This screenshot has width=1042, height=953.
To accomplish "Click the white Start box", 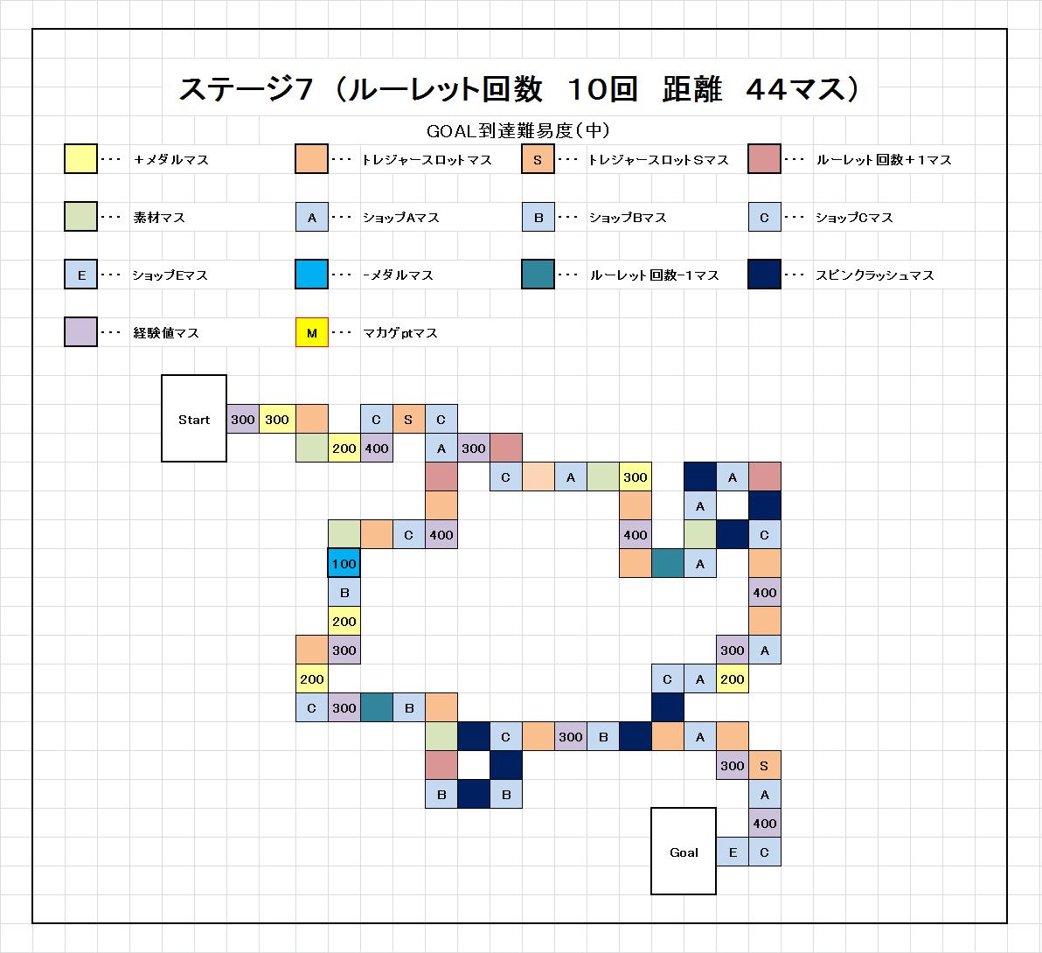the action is click(x=194, y=418).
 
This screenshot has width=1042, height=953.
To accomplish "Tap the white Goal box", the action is click(x=683, y=852).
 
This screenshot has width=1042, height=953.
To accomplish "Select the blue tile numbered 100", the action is click(x=344, y=564).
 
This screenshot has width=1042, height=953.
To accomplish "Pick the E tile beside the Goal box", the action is click(x=733, y=852).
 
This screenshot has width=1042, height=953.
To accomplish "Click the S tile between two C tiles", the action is click(x=408, y=420).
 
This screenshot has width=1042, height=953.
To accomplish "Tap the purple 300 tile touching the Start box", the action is click(x=242, y=420).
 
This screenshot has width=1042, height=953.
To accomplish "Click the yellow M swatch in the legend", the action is click(x=312, y=332).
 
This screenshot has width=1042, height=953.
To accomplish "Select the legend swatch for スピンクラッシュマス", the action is click(x=764, y=275).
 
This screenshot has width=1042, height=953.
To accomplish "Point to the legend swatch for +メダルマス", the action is click(x=80, y=159).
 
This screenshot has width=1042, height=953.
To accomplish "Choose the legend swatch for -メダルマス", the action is click(x=312, y=275).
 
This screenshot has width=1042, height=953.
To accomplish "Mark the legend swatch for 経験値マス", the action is click(x=80, y=332).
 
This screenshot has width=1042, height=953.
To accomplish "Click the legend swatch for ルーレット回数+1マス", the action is click(x=764, y=159).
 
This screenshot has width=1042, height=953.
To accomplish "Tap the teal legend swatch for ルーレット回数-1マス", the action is click(x=538, y=275).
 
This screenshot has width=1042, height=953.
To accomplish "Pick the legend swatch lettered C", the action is click(x=764, y=217).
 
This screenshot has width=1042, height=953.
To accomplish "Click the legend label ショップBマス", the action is click(x=628, y=218).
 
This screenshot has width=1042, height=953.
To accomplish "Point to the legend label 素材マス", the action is click(x=159, y=218).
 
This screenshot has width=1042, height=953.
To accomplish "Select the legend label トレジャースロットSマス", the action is click(x=658, y=159).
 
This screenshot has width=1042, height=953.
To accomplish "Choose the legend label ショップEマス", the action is click(x=170, y=275).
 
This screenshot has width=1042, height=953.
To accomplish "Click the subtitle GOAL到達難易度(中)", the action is click(x=518, y=131).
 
